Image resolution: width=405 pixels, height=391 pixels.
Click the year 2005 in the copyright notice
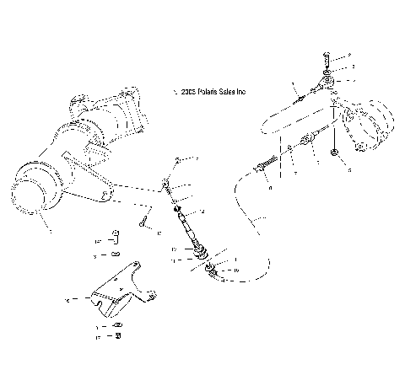click(186, 91)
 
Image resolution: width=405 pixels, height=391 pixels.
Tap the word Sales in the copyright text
click(232, 91)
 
